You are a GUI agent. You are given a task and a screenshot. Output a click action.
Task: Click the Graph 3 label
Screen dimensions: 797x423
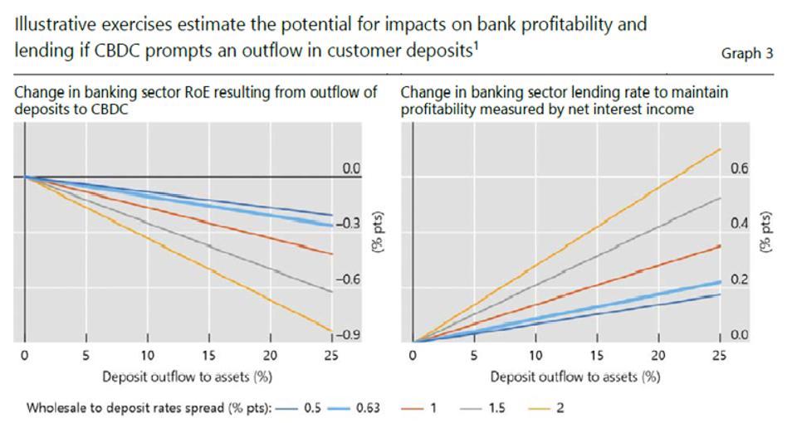click(747, 53)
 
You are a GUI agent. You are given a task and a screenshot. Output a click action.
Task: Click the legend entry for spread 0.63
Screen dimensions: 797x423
click(354, 407)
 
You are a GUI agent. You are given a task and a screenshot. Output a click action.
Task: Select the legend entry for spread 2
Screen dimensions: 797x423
click(546, 407)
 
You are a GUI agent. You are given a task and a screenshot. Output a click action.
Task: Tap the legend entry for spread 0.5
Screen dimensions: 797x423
click(299, 407)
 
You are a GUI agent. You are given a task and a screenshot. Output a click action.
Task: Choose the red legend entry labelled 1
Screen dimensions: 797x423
click(418, 407)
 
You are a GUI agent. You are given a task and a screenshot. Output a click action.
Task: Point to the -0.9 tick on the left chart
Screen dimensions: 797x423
click(348, 334)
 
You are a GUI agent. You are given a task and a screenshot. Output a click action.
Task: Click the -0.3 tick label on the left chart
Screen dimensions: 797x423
click(348, 223)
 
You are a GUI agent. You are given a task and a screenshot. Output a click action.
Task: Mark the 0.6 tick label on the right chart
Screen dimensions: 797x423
click(740, 168)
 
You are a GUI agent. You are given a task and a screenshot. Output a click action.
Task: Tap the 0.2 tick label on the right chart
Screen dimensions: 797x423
click(740, 280)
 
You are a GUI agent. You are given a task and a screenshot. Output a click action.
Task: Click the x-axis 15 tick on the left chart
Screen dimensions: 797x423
click(208, 356)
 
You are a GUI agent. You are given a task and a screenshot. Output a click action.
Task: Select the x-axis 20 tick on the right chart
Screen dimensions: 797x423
click(658, 356)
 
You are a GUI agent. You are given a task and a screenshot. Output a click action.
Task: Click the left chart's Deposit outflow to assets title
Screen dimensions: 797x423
click(188, 377)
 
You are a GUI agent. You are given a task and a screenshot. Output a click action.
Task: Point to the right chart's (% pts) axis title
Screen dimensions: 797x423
click(765, 231)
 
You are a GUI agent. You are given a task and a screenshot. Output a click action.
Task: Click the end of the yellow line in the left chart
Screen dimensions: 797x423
click(332, 332)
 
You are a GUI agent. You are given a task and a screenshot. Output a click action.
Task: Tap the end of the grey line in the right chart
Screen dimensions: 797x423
click(721, 197)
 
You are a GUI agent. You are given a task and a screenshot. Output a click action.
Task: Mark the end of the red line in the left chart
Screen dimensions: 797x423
click(332, 254)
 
